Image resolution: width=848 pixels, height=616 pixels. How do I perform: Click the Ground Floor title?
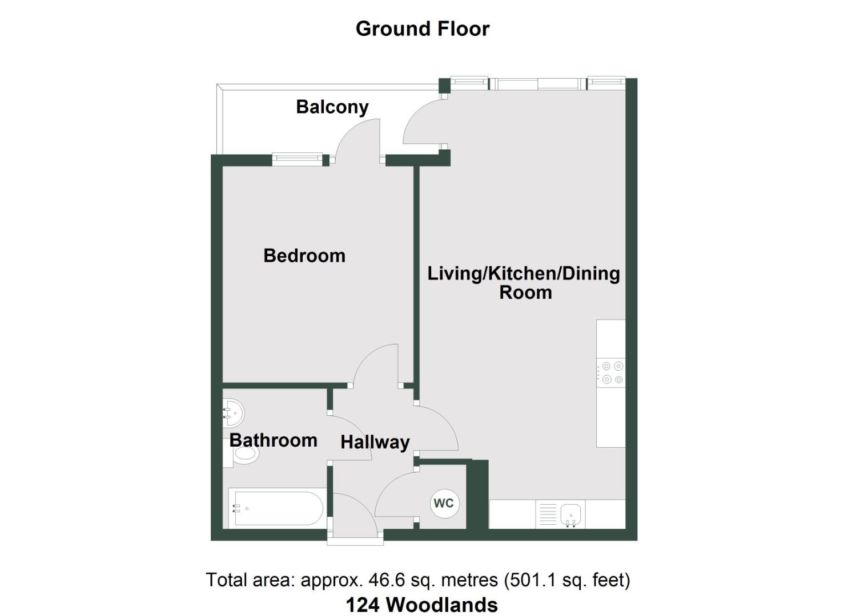422,29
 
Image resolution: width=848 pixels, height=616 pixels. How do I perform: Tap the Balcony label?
332,107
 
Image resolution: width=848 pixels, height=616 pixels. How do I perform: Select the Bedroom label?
304,256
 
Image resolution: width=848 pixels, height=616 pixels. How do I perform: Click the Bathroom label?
273,440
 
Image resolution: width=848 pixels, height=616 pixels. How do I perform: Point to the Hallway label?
375,442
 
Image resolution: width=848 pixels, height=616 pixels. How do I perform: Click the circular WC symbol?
444,503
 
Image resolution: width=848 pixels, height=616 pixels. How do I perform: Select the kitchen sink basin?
570,514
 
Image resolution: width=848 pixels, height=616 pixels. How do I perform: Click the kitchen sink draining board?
547,514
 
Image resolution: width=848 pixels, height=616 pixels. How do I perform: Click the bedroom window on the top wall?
297,159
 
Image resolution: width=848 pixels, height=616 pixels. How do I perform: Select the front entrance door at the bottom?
354,516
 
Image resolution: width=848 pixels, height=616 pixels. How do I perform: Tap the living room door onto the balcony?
424,123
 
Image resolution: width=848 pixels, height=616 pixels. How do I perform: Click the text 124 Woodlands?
421,605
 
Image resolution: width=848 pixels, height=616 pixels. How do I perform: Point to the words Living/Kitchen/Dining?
524,274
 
